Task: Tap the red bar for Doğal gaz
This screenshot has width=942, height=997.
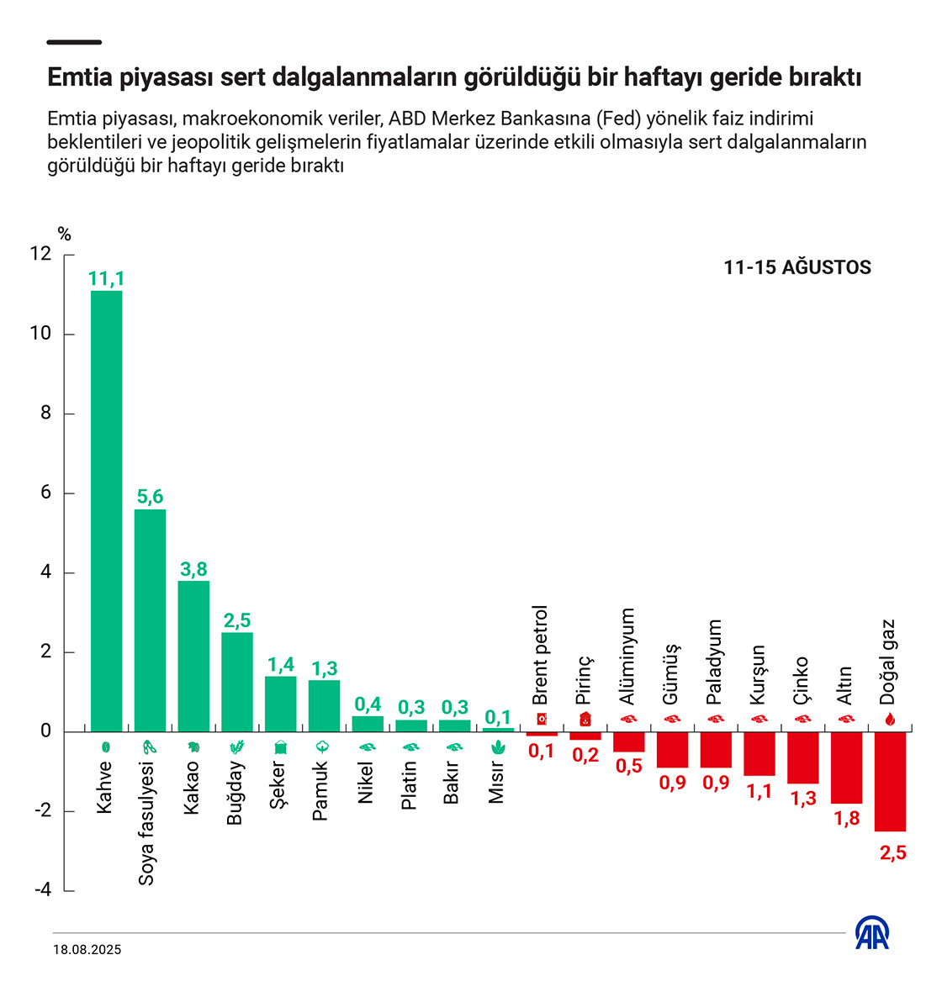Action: click(890, 781)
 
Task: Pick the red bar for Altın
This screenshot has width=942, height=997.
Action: click(846, 768)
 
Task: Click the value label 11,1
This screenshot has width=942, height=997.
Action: click(107, 279)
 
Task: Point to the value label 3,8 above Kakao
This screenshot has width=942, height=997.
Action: click(193, 569)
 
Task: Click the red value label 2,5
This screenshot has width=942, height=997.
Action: click(892, 852)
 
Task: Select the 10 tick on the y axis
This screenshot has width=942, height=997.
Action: click(40, 334)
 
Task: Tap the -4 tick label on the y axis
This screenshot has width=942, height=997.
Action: click(43, 890)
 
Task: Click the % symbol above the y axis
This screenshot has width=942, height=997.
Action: click(65, 235)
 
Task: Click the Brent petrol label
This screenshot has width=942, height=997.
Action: click(541, 655)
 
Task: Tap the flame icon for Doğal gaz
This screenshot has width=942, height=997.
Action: click(890, 720)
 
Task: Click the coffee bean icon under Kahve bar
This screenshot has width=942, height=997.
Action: click(106, 746)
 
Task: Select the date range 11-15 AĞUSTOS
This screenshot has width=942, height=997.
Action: click(796, 267)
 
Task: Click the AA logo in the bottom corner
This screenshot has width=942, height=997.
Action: click(872, 932)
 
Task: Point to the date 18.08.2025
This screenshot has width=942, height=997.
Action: click(87, 950)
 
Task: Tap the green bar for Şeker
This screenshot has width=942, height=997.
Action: click(280, 704)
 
